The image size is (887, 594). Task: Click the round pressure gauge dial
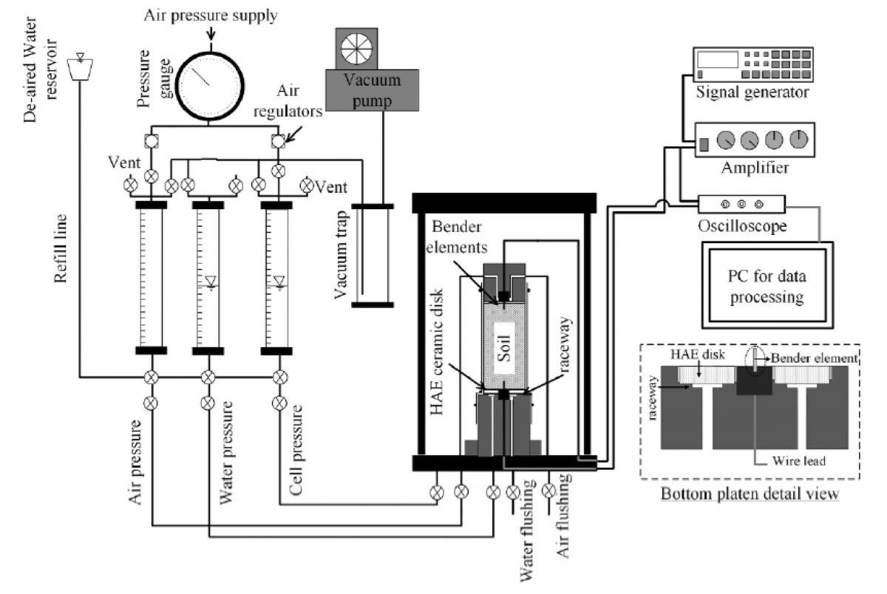point(209,86)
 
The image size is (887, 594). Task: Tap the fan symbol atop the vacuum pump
point(356,48)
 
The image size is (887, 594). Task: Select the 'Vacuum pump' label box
point(372,90)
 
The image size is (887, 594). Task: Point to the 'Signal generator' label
point(752,92)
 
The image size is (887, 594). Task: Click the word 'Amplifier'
point(755,168)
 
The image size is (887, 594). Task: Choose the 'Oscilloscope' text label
point(742,226)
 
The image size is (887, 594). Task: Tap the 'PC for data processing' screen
point(767,285)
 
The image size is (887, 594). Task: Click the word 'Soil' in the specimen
point(504,348)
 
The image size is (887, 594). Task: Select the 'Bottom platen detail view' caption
point(750,494)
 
